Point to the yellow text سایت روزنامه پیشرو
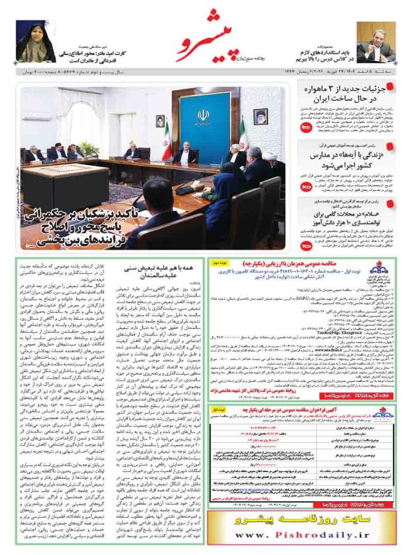tap(306, 518)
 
